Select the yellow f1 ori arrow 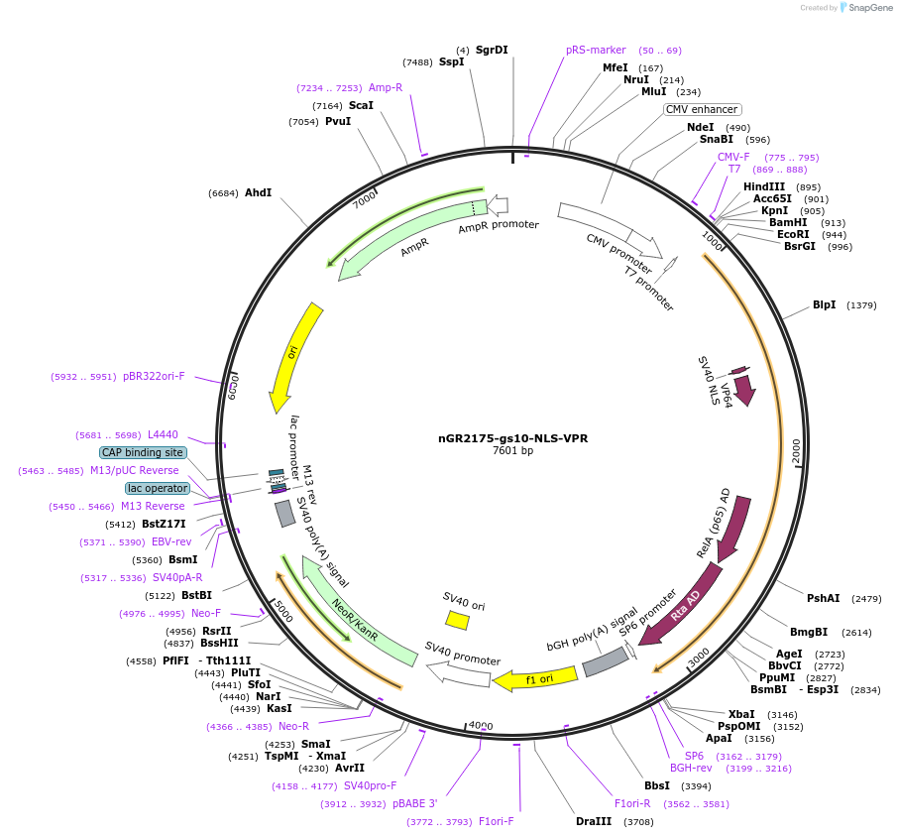click(x=535, y=679)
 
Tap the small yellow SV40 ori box click(x=457, y=620)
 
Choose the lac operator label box click(x=157, y=488)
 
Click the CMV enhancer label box click(x=702, y=109)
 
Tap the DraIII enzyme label click(x=593, y=821)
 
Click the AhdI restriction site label click(x=258, y=192)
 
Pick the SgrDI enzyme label click(x=492, y=50)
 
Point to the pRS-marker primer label click(x=596, y=50)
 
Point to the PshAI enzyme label click(x=823, y=598)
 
